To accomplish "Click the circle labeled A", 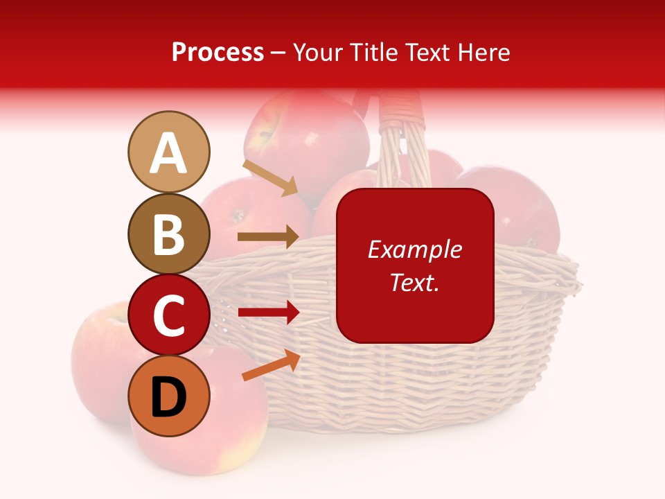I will pyautogui.click(x=168, y=152).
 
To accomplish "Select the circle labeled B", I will pyautogui.click(x=168, y=234).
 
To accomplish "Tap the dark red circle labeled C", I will pyautogui.click(x=168, y=315).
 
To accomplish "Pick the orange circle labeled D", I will pyautogui.click(x=168, y=396).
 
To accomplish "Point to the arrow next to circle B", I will pyautogui.click(x=268, y=237).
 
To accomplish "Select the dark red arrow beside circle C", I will pyautogui.click(x=268, y=313).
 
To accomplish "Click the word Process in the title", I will pyautogui.click(x=218, y=52).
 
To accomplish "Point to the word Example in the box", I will pyautogui.click(x=414, y=249).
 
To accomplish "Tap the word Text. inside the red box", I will pyautogui.click(x=414, y=282).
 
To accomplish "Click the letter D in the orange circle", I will pyautogui.click(x=168, y=398).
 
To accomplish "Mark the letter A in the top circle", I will pyautogui.click(x=168, y=153).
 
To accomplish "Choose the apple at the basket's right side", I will pyautogui.click(x=520, y=208).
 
